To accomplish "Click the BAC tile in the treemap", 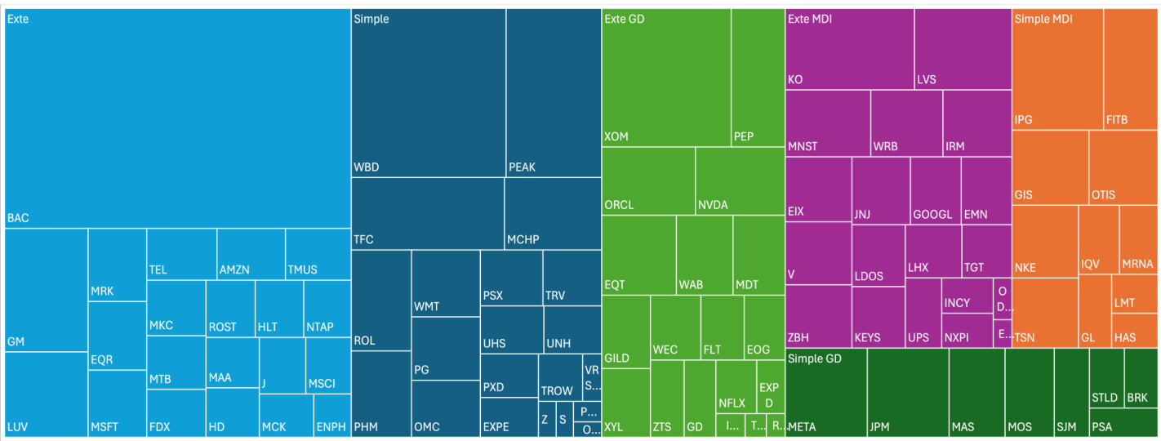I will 177,118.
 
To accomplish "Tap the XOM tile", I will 665,78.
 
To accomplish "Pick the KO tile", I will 849,49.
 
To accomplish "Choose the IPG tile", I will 1056,69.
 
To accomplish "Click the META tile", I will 825,392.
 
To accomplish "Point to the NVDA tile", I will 739,180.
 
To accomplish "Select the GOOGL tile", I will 935,190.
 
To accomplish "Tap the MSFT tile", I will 117,403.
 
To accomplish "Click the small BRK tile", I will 1141,378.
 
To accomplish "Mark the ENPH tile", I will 331,415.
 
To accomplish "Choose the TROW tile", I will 559,377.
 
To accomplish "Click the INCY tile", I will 966,295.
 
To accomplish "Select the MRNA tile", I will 1138,240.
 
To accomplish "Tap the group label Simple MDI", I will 1043,19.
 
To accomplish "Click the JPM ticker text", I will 879,426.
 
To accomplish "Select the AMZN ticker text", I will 234,269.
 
